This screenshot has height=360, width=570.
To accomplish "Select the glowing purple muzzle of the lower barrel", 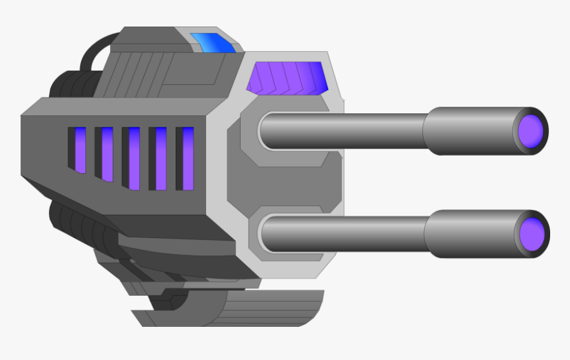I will (x=532, y=234).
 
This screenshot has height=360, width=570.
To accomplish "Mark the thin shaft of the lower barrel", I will (x=345, y=233).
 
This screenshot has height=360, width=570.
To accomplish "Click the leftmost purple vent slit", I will (x=80, y=150).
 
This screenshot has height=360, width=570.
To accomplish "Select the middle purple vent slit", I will (x=134, y=158).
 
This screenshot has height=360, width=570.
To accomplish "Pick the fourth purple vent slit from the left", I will (x=160, y=158).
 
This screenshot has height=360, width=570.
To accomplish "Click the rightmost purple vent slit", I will (x=188, y=158).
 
